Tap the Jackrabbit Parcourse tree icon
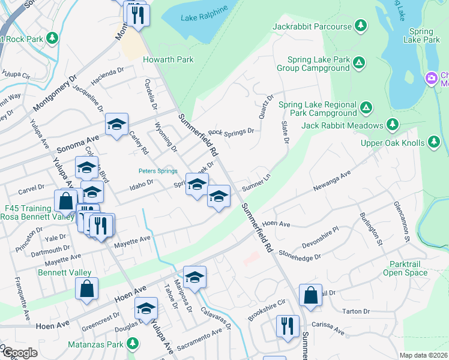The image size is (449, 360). tap(361, 26)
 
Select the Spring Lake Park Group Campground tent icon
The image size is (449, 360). tap(358, 62)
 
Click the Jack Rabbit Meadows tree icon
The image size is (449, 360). tap(393, 124)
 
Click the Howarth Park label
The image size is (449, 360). tap(168, 59)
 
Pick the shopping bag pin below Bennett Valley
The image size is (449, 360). tap(87, 288)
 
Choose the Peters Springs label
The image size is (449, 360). tap(158, 171)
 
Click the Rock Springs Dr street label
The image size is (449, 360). tap(231, 131)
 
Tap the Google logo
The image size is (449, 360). tap(19, 353)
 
